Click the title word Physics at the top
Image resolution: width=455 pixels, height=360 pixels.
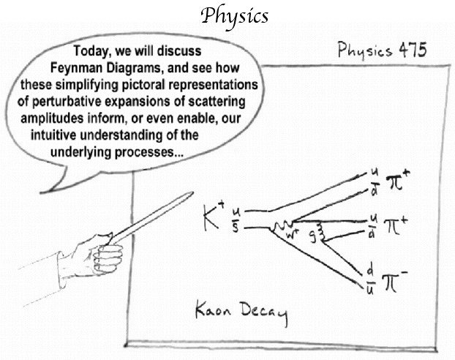(x=235, y=17)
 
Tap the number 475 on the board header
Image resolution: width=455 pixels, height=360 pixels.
(x=413, y=50)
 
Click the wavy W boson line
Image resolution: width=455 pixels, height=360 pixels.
(x=282, y=226)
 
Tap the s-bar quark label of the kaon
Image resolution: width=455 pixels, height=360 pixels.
(x=236, y=227)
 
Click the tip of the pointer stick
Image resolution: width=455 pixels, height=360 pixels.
(x=192, y=192)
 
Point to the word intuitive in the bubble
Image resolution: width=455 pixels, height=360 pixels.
(x=53, y=135)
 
